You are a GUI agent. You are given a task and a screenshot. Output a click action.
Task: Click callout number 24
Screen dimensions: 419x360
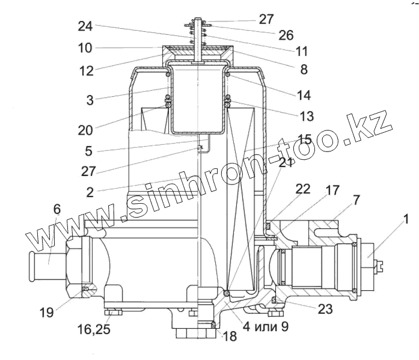[86, 26]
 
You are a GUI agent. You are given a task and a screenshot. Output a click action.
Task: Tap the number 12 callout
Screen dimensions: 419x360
[86, 70]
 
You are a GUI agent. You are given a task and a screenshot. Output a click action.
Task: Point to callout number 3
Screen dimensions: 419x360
[90, 100]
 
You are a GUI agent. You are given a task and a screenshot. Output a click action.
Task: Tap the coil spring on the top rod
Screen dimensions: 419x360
[197, 35]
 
